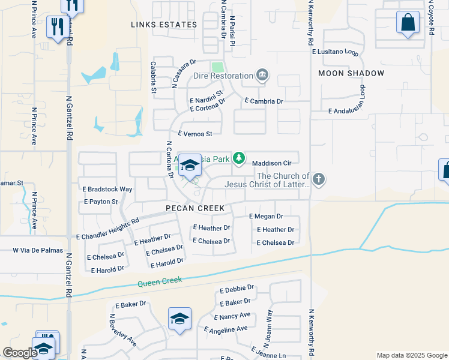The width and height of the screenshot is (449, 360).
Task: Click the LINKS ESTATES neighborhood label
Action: click(164, 25)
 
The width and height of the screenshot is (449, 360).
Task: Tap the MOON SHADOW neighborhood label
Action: click(351, 73)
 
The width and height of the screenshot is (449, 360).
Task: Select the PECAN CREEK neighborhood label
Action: click(196, 208)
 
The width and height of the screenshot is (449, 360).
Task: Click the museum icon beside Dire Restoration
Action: click(262, 76)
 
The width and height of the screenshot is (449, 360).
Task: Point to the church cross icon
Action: click(319, 178)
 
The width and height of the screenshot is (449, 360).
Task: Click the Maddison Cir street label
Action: click(271, 163)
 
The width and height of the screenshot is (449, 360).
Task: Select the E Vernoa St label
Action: click(195, 134)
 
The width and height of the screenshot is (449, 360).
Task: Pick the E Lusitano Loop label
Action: click(335, 52)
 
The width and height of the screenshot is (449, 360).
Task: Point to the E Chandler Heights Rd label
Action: click(107, 229)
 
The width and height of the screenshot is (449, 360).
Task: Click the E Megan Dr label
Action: click(265, 216)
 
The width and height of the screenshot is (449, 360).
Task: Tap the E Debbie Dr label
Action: click(237, 289)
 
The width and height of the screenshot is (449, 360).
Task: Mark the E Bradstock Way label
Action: click(107, 189)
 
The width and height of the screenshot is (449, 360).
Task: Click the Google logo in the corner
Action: click(20, 353)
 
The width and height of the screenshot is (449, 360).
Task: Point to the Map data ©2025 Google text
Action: click(411, 355)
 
